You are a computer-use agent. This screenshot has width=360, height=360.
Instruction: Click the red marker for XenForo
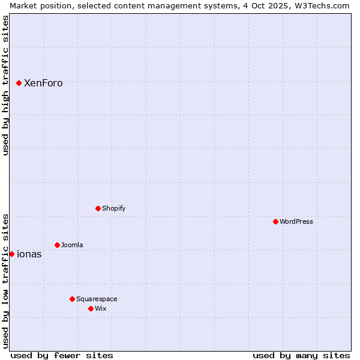(19, 83)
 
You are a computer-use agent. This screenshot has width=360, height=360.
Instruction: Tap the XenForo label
(43, 83)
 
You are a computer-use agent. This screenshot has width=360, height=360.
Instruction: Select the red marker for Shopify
(98, 208)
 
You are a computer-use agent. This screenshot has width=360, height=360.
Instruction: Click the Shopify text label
(113, 208)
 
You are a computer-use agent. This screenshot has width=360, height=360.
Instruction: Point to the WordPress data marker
(275, 221)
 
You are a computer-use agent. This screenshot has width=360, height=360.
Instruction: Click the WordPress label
(296, 221)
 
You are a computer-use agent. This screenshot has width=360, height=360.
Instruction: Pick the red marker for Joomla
(57, 245)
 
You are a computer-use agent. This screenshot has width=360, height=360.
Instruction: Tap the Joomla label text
(72, 245)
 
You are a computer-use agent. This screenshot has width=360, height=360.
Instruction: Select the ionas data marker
(11, 254)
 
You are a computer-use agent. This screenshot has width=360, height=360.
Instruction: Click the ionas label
(29, 254)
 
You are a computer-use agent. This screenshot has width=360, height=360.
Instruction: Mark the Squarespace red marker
(72, 299)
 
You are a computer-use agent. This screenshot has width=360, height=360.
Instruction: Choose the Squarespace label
(97, 299)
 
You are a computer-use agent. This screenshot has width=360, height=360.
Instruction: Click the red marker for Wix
(91, 308)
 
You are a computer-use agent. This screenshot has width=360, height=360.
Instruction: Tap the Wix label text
(100, 308)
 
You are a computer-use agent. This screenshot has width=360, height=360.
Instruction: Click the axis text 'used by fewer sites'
(62, 355)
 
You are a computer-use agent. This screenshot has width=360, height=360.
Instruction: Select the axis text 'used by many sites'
(301, 355)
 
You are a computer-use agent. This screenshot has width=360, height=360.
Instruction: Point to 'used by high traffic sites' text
(5, 85)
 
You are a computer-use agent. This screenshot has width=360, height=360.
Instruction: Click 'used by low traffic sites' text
(5, 280)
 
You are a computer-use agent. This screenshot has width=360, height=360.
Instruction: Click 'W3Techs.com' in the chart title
(325, 5)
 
